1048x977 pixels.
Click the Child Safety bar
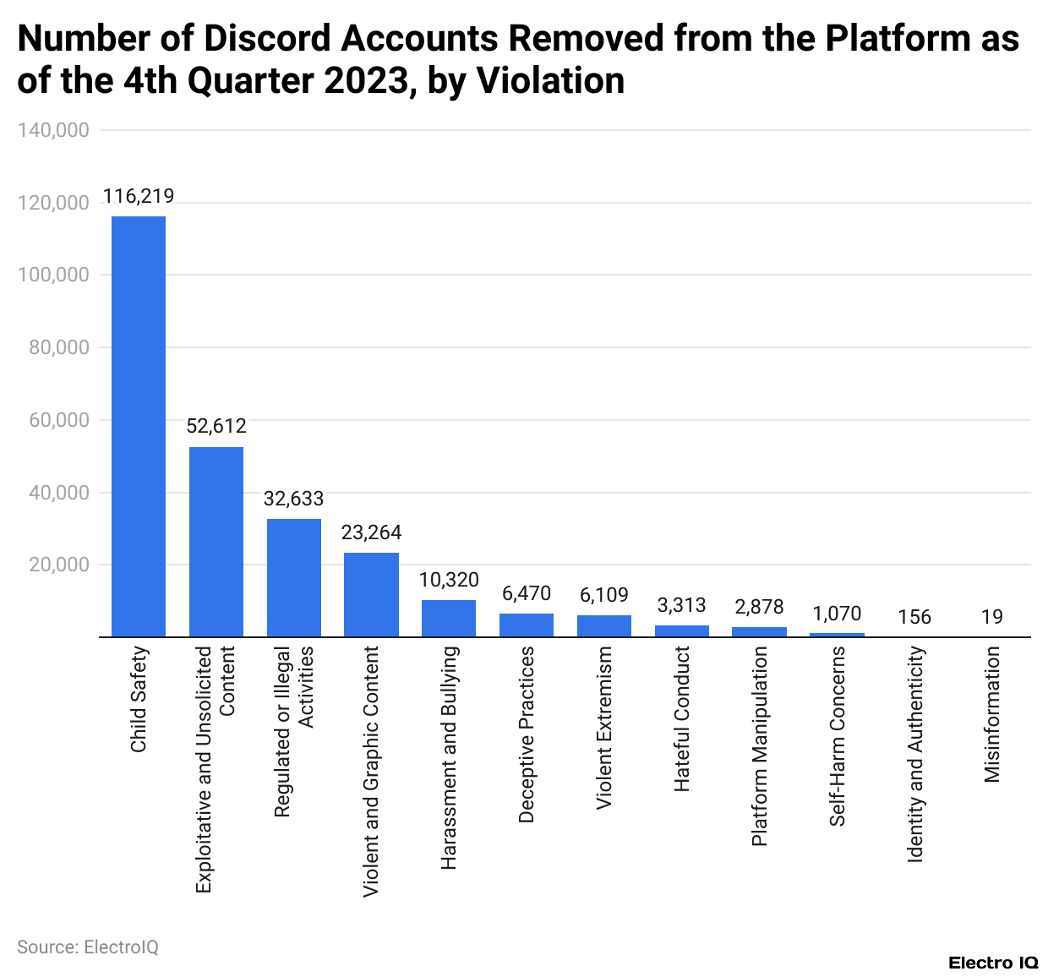(x=139, y=426)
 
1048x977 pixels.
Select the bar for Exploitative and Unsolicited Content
(x=216, y=542)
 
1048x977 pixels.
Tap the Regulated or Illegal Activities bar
(x=294, y=577)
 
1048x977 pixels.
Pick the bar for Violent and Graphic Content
(x=371, y=594)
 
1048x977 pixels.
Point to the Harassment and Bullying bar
(x=449, y=618)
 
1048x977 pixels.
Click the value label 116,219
(x=139, y=197)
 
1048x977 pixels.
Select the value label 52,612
(x=216, y=427)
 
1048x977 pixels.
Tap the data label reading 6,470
(x=527, y=594)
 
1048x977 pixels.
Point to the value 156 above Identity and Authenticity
(x=914, y=618)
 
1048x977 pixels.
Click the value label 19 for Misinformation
(x=992, y=618)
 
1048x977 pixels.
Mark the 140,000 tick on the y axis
(x=58, y=130)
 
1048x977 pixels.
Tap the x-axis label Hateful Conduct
(x=682, y=718)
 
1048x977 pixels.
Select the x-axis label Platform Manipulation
(x=760, y=745)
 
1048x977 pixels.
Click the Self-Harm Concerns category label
(x=837, y=735)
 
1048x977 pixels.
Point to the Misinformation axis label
(x=992, y=714)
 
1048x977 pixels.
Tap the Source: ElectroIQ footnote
(x=88, y=947)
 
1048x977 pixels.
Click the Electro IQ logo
(x=993, y=963)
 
